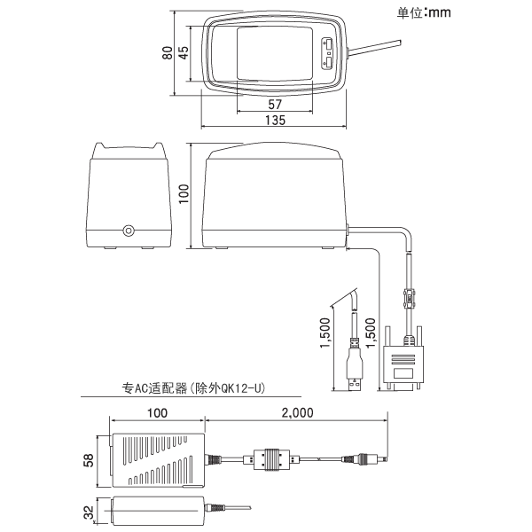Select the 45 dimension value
[x=184, y=54]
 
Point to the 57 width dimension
[x=275, y=105]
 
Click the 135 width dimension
[x=275, y=121]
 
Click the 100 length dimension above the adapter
[x=158, y=413]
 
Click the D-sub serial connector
[x=403, y=368]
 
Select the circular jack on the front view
[x=129, y=231]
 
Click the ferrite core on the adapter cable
[x=269, y=459]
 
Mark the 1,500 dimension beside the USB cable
[x=325, y=334]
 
